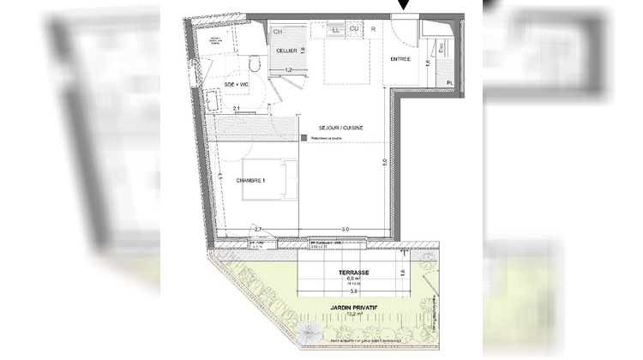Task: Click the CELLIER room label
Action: pos(285,51)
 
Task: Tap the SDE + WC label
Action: pos(237,85)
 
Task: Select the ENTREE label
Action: pos(400,59)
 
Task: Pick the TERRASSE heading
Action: pos(331,270)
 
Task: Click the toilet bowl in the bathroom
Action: pos(254,65)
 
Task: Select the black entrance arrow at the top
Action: pos(405,7)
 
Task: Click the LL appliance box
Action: pos(335,31)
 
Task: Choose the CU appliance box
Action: pos(353,31)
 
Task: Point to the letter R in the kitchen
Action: pos(374,31)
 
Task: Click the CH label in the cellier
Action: pos(278,32)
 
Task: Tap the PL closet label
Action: pos(449,82)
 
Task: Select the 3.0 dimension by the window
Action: pos(345,229)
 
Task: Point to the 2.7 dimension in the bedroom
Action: pos(258,229)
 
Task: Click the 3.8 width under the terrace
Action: pos(329,289)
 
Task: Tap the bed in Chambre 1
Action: pos(267,179)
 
